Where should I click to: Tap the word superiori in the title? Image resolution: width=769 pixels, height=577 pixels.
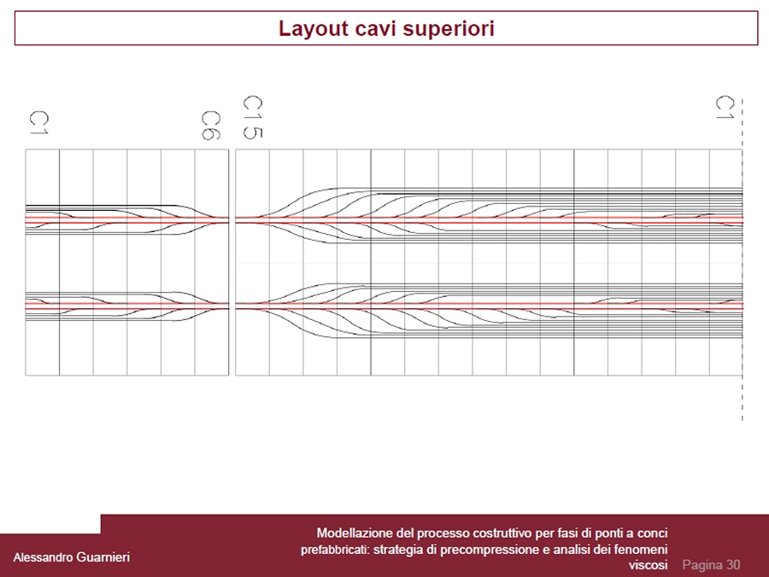(x=453, y=29)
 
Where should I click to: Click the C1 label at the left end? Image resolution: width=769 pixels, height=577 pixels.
(x=37, y=122)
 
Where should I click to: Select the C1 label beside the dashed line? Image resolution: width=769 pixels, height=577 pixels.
(x=725, y=108)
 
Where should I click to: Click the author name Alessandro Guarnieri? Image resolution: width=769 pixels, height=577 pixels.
(x=72, y=557)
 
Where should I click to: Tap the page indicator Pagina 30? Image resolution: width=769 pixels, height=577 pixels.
(x=711, y=565)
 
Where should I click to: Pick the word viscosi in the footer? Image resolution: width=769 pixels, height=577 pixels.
(x=648, y=566)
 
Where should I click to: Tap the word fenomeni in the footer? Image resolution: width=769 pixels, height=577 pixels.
(x=642, y=550)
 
